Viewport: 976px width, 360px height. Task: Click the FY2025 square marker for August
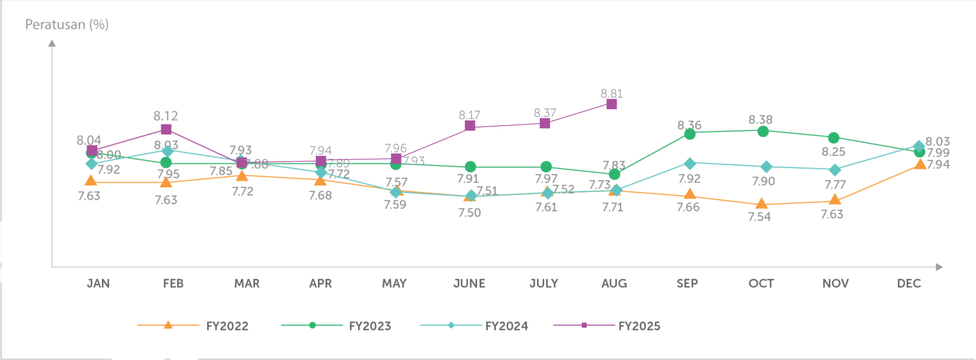click(x=612, y=104)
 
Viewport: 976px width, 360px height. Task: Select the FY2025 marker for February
click(x=166, y=130)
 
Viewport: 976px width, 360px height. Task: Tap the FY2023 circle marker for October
click(x=762, y=132)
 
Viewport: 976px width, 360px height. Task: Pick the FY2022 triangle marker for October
click(x=761, y=204)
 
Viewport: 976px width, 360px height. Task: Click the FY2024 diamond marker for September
click(x=690, y=163)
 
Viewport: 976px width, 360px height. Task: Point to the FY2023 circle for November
click(x=834, y=138)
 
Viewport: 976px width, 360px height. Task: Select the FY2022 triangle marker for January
click(x=91, y=181)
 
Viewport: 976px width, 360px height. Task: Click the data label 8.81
click(x=612, y=94)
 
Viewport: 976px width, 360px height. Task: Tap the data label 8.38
click(x=760, y=119)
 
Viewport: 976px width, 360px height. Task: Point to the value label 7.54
click(x=759, y=217)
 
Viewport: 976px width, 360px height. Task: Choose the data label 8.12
click(x=166, y=116)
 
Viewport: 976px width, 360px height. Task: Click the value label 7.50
click(x=469, y=213)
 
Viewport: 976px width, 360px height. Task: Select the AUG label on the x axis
click(x=614, y=284)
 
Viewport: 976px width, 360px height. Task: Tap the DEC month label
click(x=909, y=284)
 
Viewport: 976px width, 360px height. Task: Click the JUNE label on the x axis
click(x=469, y=284)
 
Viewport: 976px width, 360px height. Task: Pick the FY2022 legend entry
click(x=227, y=326)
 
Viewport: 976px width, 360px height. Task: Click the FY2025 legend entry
click(x=639, y=326)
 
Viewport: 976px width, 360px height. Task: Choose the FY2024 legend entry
click(x=506, y=326)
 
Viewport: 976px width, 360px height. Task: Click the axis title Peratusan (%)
click(x=67, y=24)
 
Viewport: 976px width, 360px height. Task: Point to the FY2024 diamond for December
click(x=919, y=147)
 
